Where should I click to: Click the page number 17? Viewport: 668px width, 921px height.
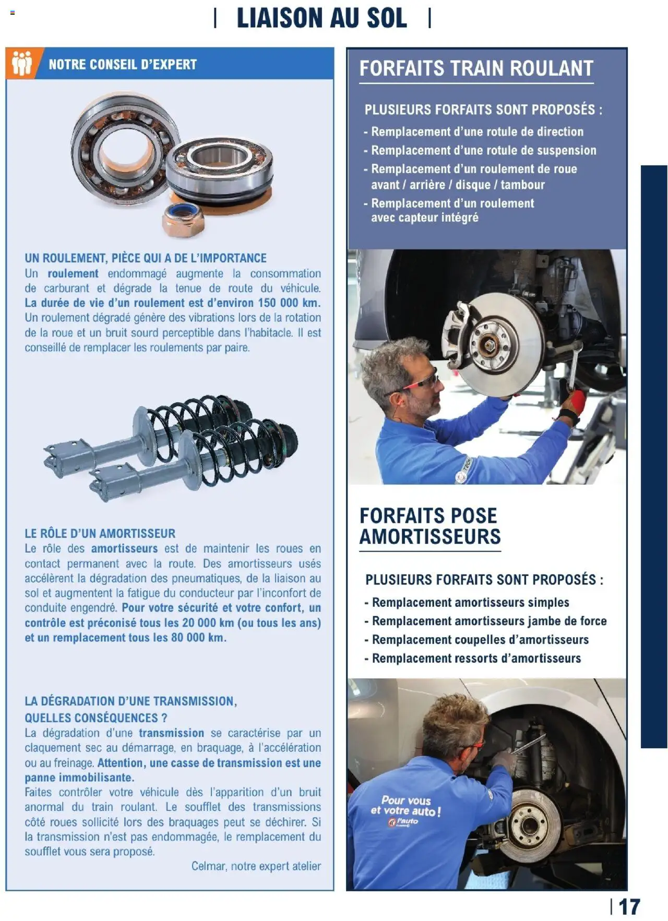[629, 907]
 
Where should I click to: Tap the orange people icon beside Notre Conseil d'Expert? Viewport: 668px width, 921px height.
[22, 64]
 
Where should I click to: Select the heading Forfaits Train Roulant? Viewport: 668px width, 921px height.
[476, 68]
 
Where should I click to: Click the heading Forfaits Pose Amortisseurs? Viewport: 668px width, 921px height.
[430, 526]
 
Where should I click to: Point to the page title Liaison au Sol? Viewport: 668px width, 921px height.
[321, 18]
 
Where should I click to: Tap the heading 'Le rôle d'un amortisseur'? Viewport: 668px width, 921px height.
[100, 533]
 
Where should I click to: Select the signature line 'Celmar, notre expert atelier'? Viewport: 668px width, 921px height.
[256, 866]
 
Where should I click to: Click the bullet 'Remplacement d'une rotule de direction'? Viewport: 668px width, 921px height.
[476, 131]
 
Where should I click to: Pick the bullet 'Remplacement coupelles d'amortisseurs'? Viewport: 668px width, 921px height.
[480, 640]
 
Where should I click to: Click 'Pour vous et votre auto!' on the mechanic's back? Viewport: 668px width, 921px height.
[405, 806]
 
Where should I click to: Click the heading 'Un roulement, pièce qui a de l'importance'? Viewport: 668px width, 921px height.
[146, 258]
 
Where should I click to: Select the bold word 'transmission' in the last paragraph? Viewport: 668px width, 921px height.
[171, 733]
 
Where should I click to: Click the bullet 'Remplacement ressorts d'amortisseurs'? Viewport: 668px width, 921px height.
[476, 659]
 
